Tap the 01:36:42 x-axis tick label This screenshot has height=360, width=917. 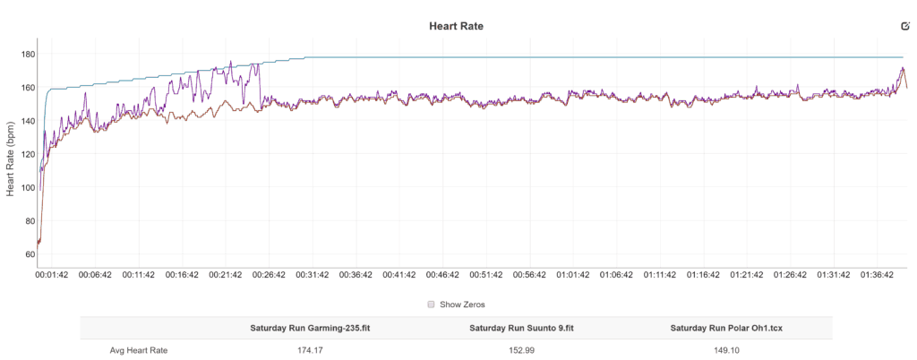pos(878,276)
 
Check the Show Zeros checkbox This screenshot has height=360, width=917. pos(431,304)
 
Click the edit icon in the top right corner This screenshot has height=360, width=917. pos(904,27)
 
